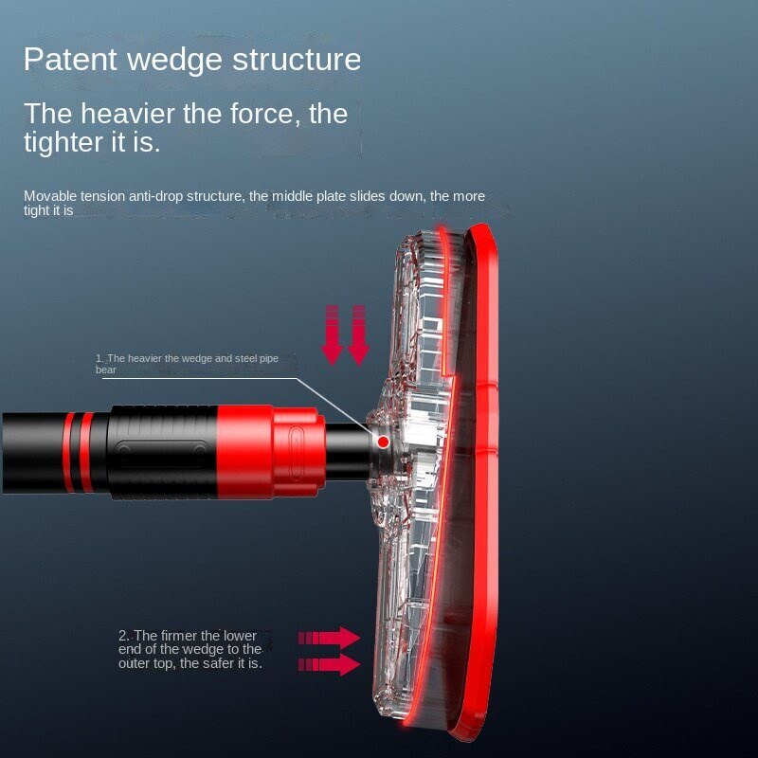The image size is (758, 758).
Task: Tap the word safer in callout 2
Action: coord(217,664)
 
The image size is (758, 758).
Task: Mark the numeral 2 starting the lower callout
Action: coord(123,636)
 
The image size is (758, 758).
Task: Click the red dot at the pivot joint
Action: coord(383,442)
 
